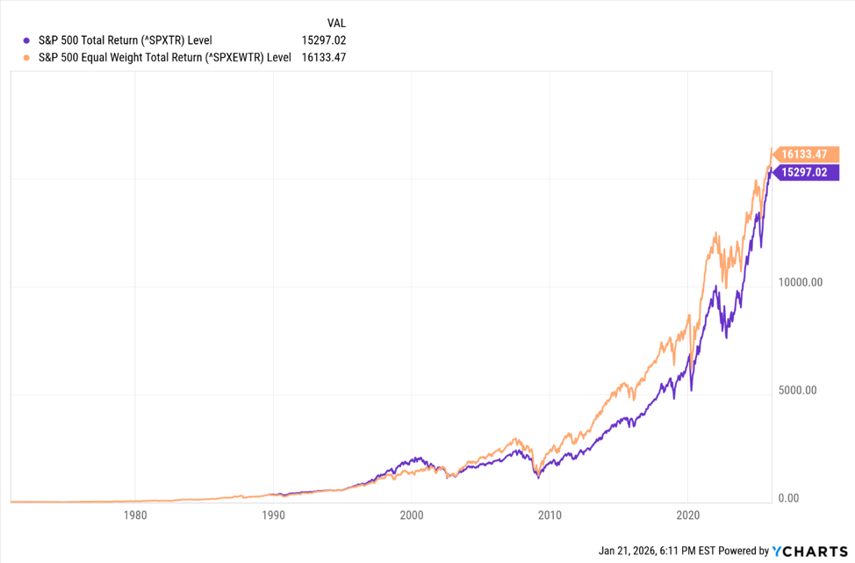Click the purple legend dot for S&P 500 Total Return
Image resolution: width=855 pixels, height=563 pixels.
[x=26, y=40]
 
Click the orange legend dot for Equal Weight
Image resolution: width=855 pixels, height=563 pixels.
[x=26, y=57]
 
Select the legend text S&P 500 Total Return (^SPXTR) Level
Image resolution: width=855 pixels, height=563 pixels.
[x=124, y=40]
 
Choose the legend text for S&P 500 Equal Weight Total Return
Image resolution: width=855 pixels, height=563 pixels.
[x=163, y=57]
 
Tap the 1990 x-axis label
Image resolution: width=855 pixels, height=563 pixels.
[x=273, y=516]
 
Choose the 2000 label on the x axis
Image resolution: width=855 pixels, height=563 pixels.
[x=412, y=516]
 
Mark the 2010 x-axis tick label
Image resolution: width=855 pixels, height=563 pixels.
[x=550, y=516]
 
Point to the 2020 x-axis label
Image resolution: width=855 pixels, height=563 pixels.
[x=688, y=516]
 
